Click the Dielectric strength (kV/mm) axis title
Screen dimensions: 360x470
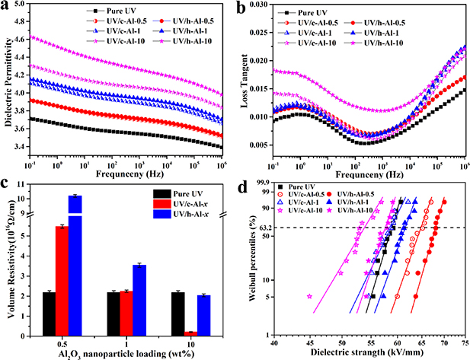(x=369, y=354)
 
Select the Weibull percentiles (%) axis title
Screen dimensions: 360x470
(x=253, y=263)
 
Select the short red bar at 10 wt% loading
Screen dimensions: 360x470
(x=169, y=333)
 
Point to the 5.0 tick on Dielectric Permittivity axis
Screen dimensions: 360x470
(x=28, y=7)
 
